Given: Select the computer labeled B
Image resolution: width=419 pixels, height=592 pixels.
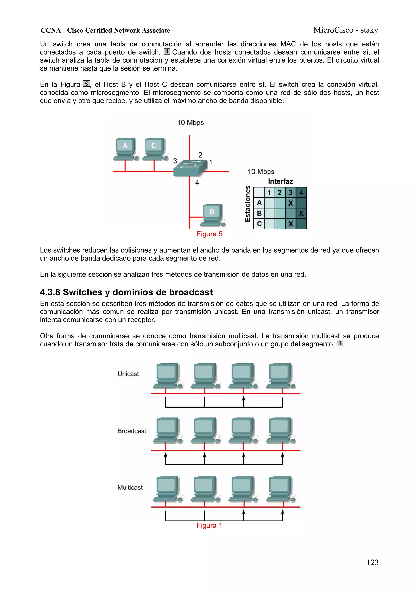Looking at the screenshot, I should tap(212, 215).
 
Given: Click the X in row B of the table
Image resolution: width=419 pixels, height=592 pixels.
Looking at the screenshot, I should tap(301, 213).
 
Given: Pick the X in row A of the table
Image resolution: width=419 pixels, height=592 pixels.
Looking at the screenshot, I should tap(291, 203).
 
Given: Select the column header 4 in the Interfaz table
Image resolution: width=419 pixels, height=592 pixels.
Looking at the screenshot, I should tap(301, 192).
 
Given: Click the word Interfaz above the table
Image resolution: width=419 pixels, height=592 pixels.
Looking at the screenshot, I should tap(280, 181).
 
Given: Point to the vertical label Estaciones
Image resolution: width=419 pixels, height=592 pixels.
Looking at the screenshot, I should tap(247, 204).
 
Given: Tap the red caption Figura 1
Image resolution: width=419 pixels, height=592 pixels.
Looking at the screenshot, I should tap(209, 525).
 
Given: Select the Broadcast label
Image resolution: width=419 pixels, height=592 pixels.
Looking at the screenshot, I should tap(132, 431).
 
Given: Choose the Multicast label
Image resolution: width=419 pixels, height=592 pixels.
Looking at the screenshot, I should tap(130, 487).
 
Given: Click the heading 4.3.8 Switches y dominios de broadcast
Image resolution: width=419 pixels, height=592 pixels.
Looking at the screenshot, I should tap(126, 292).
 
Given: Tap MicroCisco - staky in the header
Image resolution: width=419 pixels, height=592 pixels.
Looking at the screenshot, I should tap(346, 30).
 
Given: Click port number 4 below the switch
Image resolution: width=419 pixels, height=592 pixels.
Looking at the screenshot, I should tap(197, 182).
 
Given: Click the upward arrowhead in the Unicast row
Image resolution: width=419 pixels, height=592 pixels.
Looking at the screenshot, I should tap(243, 398).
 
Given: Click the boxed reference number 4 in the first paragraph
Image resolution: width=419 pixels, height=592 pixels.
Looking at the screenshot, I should tap(167, 51).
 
